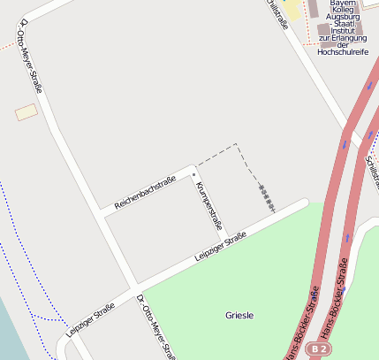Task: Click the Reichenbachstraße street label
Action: click(x=145, y=191)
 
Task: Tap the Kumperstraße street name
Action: click(x=208, y=205)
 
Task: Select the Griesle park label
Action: click(x=239, y=315)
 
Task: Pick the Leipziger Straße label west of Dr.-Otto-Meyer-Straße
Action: click(x=90, y=320)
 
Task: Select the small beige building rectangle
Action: click(x=27, y=112)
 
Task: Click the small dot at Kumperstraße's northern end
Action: click(x=193, y=176)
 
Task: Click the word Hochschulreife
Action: click(x=343, y=53)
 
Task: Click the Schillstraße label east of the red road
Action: click(x=372, y=168)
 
